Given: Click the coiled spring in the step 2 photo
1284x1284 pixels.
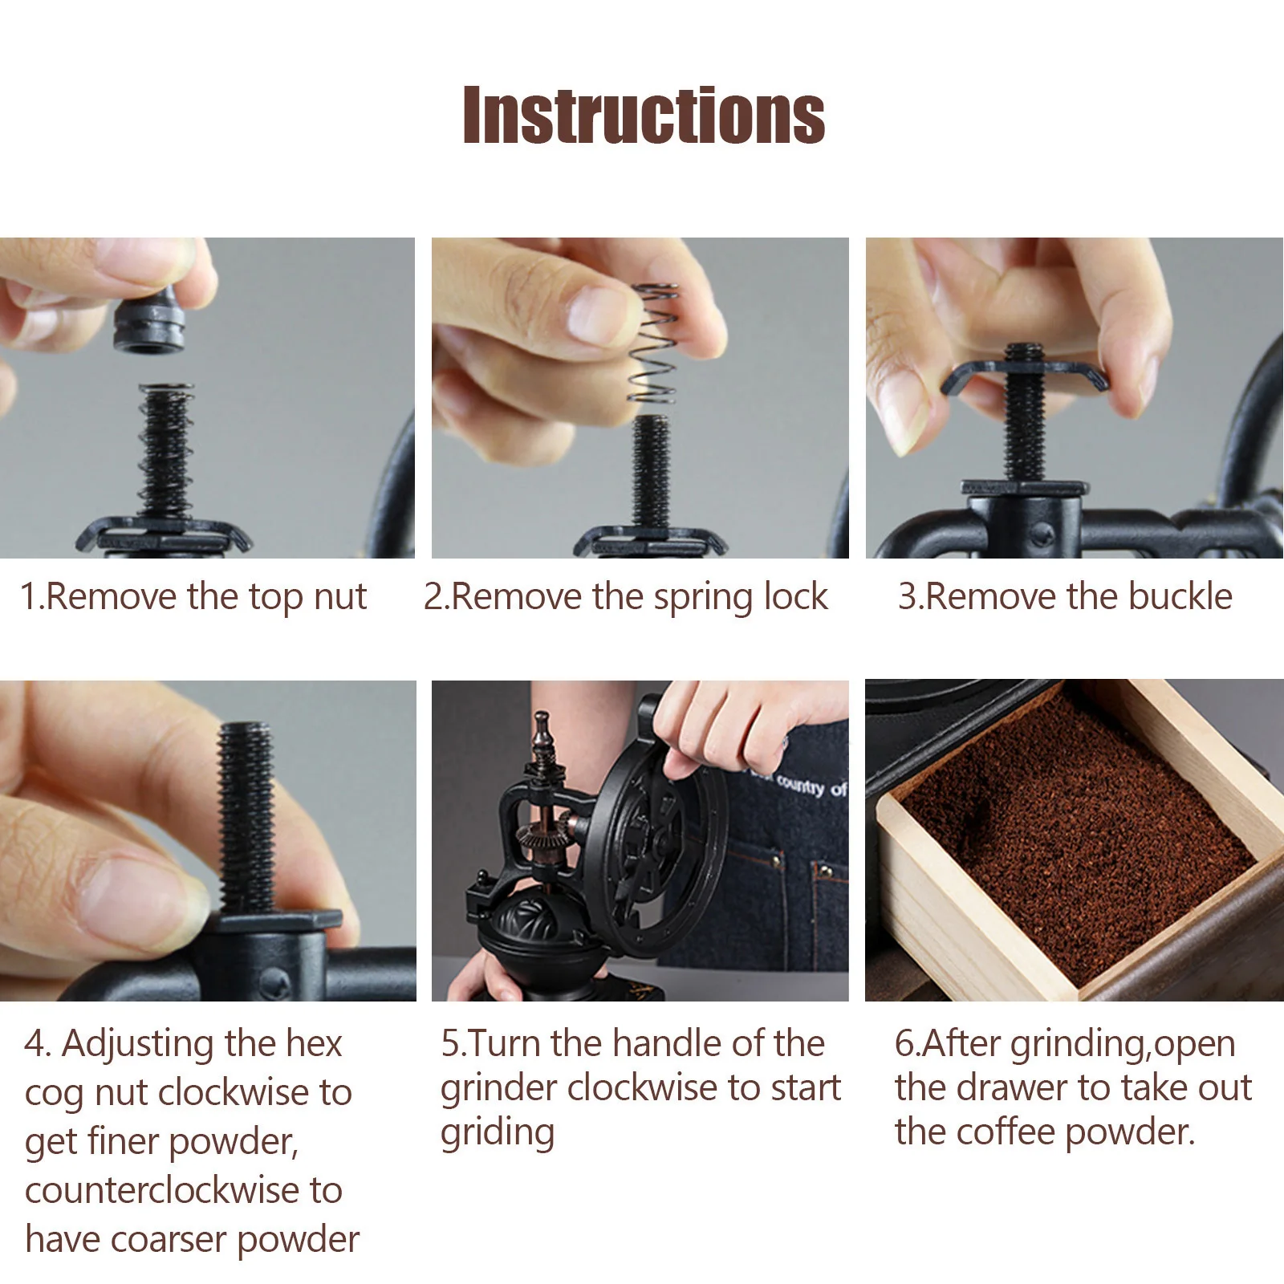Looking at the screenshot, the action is click(x=653, y=343).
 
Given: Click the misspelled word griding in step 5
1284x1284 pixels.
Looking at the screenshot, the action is click(x=498, y=1134).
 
